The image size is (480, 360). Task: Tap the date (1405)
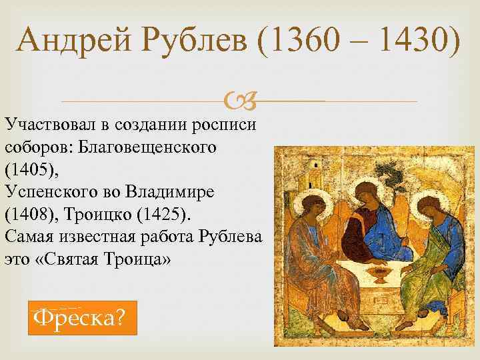coord(31,168)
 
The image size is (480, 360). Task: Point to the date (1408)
coord(31,212)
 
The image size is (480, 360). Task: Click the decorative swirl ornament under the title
coord(239,101)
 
